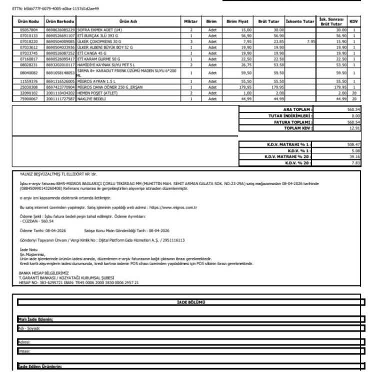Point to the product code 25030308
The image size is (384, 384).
click(23, 85)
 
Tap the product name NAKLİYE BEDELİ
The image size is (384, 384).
click(90, 98)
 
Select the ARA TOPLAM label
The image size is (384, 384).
click(297, 108)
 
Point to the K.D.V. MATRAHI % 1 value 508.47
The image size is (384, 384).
click(352, 144)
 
